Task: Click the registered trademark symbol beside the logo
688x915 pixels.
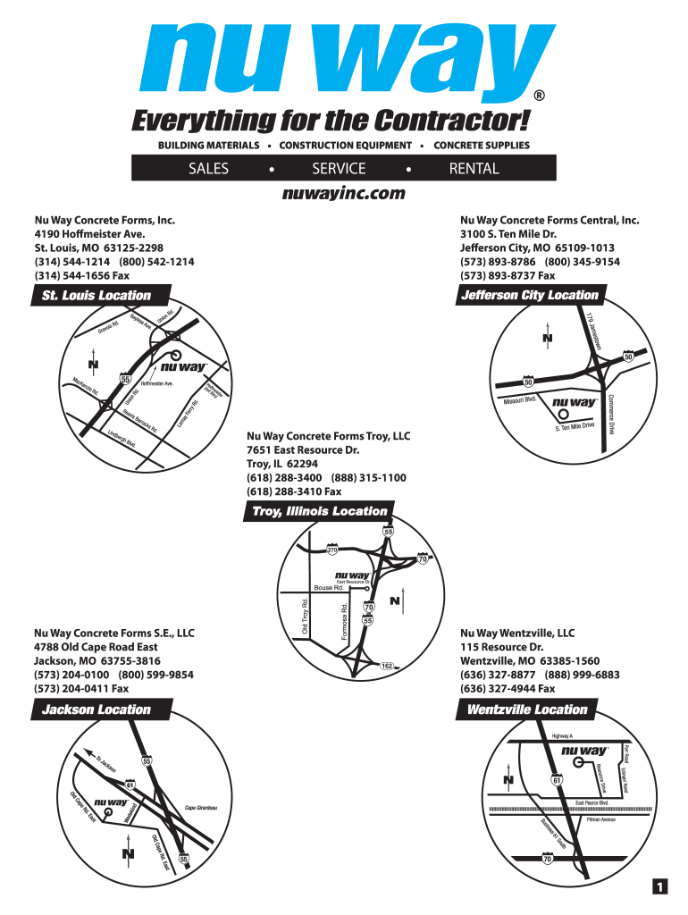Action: (x=539, y=96)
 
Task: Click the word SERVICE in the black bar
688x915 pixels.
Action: (x=339, y=169)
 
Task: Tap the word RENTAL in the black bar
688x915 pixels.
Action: (x=474, y=169)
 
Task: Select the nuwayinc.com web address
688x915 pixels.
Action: (x=343, y=193)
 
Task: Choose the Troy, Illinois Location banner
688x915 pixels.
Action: (x=319, y=511)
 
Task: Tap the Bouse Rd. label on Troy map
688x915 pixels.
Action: (x=329, y=587)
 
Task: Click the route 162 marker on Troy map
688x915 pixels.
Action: (x=387, y=666)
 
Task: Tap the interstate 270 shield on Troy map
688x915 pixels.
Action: (x=331, y=548)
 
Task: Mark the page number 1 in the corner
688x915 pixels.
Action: (x=659, y=886)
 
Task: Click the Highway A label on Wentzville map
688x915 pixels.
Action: (x=563, y=735)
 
